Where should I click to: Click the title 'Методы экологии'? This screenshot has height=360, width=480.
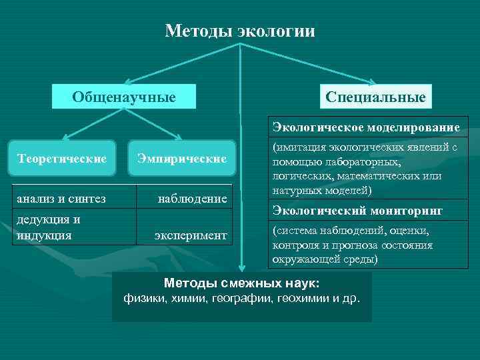click(240, 31)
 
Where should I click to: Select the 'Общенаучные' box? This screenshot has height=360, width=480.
click(124, 97)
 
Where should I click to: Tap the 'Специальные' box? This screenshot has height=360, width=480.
click(376, 97)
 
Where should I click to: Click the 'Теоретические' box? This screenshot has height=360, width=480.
click(63, 159)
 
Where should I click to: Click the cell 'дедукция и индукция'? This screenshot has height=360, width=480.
click(49, 227)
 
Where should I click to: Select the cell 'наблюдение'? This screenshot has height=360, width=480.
click(192, 199)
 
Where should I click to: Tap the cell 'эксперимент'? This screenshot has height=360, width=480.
click(191, 235)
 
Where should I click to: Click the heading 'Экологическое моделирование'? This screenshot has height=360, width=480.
click(366, 127)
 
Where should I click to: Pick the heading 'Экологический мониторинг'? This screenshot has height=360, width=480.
click(357, 211)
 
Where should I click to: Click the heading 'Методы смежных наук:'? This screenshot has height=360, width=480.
click(241, 283)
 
